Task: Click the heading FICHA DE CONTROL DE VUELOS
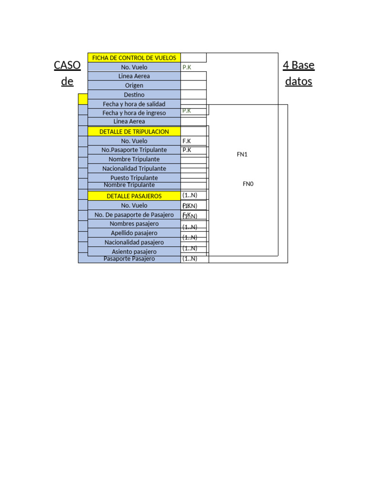click(x=134, y=58)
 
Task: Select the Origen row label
click(x=134, y=86)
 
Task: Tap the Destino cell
click(x=134, y=95)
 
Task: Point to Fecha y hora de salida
click(x=134, y=104)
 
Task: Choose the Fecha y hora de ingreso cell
click(x=134, y=113)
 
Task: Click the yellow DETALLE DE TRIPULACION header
click(x=134, y=132)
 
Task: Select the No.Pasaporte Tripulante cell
click(x=134, y=150)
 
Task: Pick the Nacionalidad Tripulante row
click(x=134, y=168)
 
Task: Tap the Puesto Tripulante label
click(x=134, y=178)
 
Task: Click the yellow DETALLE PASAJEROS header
click(x=134, y=196)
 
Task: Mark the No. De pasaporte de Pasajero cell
click(x=134, y=215)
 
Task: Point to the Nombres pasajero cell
click(x=134, y=224)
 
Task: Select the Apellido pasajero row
click(x=134, y=233)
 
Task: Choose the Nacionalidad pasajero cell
click(x=134, y=243)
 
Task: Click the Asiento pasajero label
click(x=134, y=252)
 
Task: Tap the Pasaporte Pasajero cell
click(x=129, y=259)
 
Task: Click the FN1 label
click(x=242, y=155)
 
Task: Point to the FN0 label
click(x=248, y=184)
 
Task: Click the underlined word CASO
click(x=67, y=65)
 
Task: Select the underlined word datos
click(x=298, y=81)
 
